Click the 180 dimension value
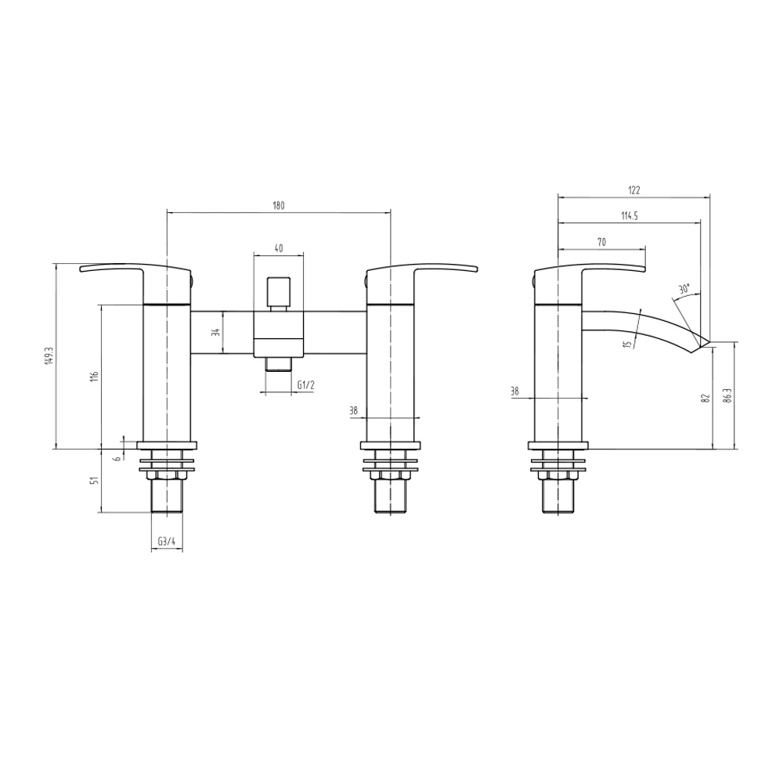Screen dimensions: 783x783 (278, 206)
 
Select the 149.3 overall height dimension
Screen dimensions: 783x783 (49, 356)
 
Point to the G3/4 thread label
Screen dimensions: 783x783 (166, 541)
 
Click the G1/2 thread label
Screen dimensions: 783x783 (306, 384)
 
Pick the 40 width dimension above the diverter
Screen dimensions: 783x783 (278, 248)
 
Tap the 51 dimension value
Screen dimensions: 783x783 (95, 481)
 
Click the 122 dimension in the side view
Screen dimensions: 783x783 (633, 189)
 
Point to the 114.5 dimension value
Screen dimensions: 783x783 (629, 217)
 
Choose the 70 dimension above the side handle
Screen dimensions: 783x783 (601, 243)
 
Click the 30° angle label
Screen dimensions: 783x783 (684, 289)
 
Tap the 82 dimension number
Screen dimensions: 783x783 (705, 398)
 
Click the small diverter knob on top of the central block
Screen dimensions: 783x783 (278, 292)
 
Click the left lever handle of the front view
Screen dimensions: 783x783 (117, 271)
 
